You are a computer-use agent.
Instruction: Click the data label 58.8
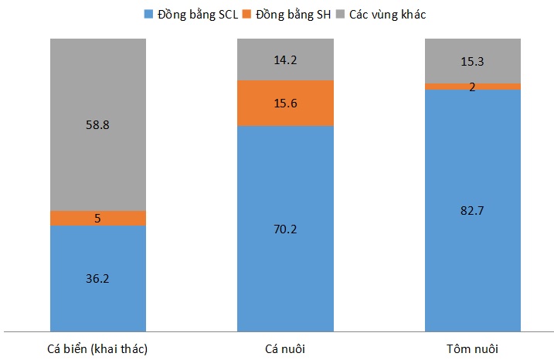coord(98,124)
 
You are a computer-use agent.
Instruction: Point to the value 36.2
coord(98,277)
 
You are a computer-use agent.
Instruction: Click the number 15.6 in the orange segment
coord(285,103)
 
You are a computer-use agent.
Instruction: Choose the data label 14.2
coord(285,59)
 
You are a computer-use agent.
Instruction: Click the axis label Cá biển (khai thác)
coord(98,348)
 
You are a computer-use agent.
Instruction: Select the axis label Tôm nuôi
coord(473,348)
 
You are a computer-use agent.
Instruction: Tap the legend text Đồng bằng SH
coord(293,14)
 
